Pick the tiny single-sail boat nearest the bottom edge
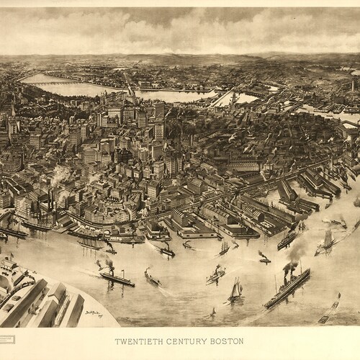(212, 313)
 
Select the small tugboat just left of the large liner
(264, 256)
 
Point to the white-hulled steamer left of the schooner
(214, 275)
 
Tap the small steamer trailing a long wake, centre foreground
(151, 276)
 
